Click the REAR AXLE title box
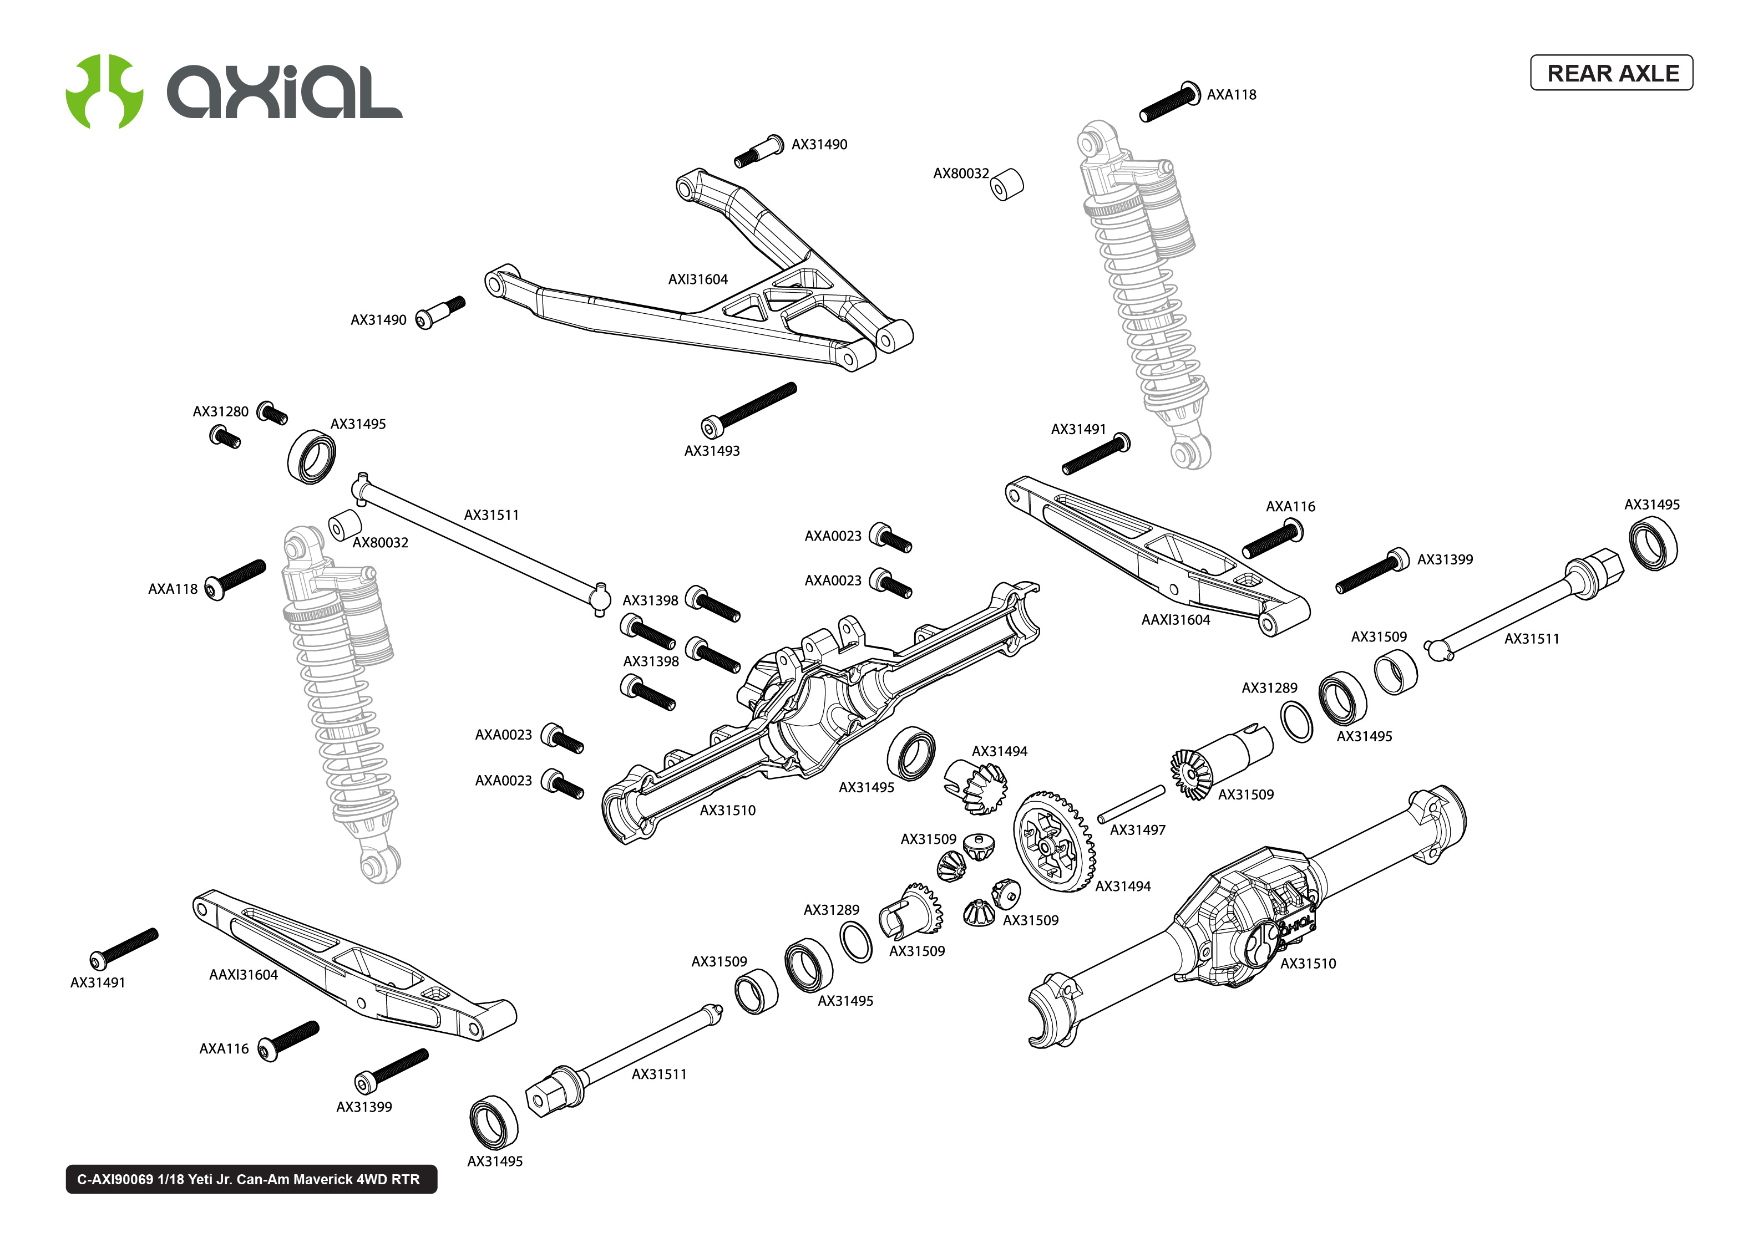point(1610,73)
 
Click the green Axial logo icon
point(104,91)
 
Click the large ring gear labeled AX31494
point(1053,842)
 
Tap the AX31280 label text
point(221,412)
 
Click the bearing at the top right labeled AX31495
point(1653,543)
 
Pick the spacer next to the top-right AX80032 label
point(1006,185)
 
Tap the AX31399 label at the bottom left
point(363,1107)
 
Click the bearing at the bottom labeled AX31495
point(494,1123)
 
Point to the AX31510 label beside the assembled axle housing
point(1308,964)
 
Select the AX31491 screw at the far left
point(123,948)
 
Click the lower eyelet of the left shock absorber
point(380,864)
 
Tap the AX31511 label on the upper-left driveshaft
point(491,516)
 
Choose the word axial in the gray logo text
point(285,92)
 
